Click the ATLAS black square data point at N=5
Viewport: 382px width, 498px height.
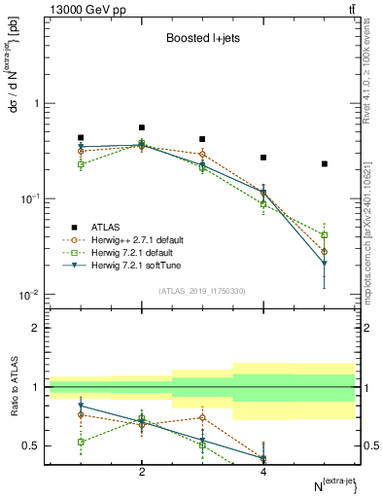point(325,163)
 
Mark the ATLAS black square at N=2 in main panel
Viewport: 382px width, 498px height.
point(142,127)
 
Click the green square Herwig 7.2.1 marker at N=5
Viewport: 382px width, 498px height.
point(325,235)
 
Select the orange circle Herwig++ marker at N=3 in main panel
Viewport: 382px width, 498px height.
point(202,154)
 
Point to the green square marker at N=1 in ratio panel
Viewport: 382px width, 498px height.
point(81,442)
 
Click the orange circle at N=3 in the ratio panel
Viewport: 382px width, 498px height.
point(202,417)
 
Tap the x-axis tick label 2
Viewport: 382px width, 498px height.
point(142,472)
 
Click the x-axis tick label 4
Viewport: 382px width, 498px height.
point(263,472)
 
